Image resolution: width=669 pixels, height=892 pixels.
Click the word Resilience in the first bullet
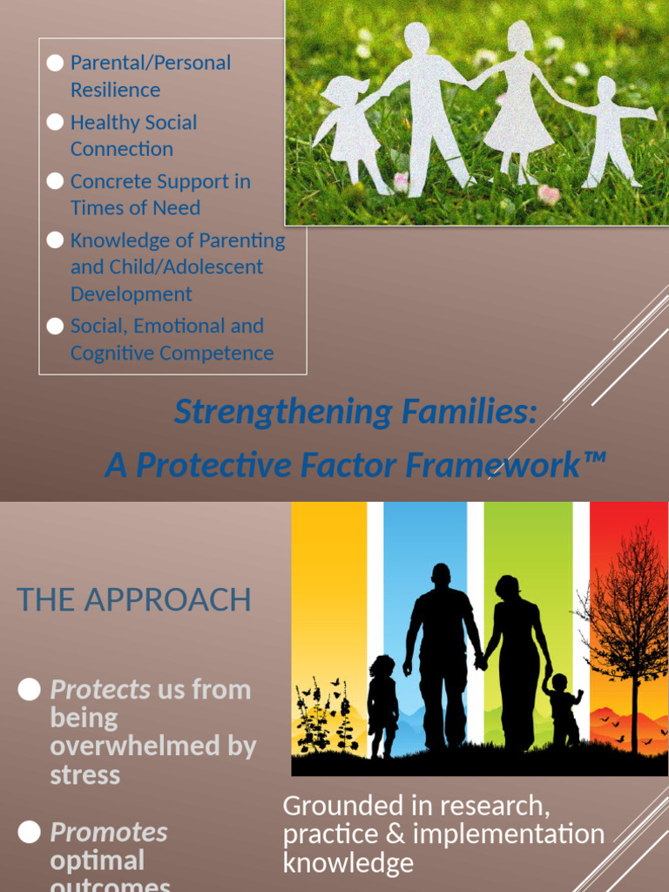115,90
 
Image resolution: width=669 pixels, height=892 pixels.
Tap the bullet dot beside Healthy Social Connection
56,122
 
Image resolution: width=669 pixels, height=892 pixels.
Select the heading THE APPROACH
133,599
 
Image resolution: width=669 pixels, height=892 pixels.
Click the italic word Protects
100,690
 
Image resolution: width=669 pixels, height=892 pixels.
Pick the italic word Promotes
109,832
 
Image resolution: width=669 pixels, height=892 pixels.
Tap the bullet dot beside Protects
30,690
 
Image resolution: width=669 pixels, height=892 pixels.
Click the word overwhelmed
153,747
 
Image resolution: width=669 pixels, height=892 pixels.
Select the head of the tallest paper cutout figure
417,37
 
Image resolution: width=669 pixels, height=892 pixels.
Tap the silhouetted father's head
442,574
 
